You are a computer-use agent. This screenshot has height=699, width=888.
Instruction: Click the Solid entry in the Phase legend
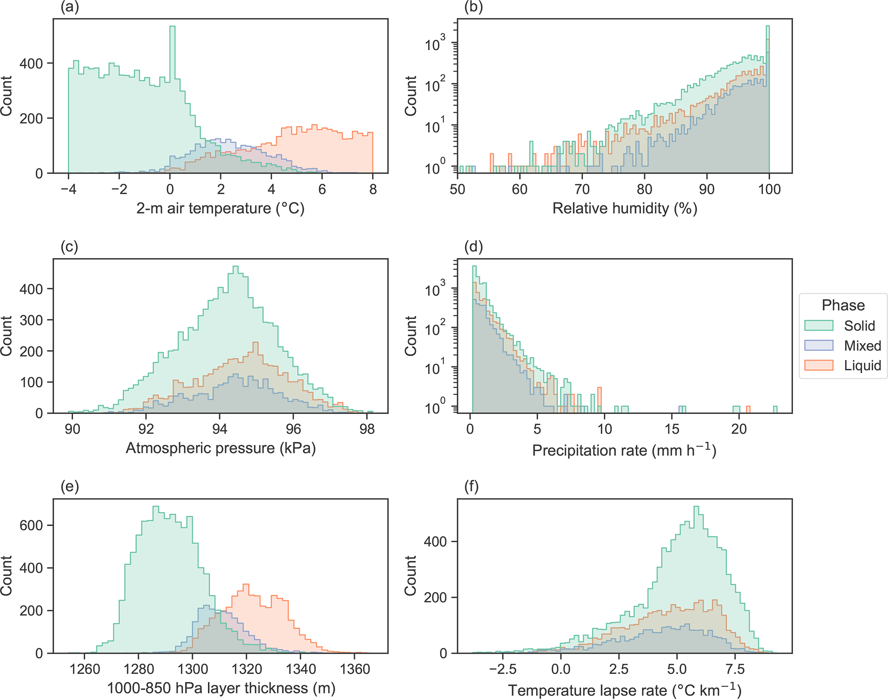(x=859, y=325)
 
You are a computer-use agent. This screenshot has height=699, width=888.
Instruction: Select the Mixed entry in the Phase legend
(x=862, y=346)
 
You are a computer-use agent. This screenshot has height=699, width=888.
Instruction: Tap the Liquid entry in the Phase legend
(x=862, y=365)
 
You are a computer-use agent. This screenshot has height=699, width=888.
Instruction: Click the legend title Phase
(x=843, y=305)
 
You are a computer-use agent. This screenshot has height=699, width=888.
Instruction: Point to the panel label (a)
(x=70, y=8)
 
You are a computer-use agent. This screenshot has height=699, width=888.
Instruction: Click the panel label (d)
(x=474, y=247)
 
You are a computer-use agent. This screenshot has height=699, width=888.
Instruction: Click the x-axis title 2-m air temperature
(x=220, y=208)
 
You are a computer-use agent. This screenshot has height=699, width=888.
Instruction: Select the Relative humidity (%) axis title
(x=625, y=208)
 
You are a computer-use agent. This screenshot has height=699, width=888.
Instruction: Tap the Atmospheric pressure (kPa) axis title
(x=220, y=448)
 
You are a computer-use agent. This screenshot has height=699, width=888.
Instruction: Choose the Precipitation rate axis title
(x=624, y=450)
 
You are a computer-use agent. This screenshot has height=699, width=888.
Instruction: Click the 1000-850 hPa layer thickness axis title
(x=220, y=688)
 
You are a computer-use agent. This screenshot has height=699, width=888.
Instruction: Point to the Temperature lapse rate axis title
(x=625, y=690)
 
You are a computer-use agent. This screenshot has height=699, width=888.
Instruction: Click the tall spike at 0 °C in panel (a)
(x=172, y=52)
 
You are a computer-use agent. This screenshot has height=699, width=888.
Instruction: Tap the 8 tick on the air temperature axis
(x=373, y=189)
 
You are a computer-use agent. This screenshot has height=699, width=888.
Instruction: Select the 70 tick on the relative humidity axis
(x=582, y=189)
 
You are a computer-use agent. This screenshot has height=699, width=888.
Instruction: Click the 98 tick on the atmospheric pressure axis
(x=367, y=429)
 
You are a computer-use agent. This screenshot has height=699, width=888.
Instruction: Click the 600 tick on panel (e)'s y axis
(x=31, y=525)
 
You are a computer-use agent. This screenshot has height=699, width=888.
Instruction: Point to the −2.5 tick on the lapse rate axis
(x=502, y=669)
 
